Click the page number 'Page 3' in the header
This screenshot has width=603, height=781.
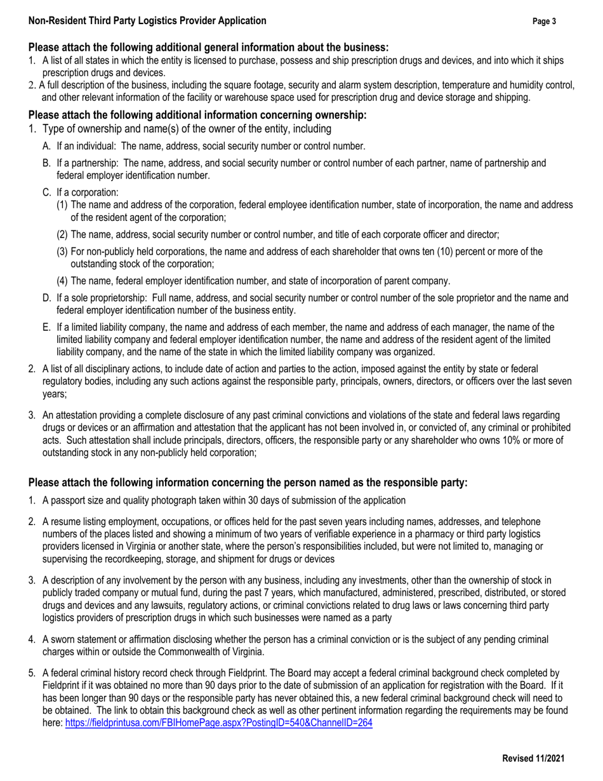(x=544, y=22)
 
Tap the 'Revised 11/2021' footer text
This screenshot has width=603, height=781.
(x=533, y=758)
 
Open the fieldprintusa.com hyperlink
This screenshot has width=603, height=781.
(x=218, y=723)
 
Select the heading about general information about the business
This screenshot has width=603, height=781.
(x=208, y=48)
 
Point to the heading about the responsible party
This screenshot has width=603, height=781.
(x=248, y=483)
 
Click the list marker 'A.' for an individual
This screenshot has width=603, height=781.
(x=47, y=146)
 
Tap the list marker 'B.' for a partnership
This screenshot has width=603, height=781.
(x=47, y=163)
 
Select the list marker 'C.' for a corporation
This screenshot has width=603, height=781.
(x=47, y=192)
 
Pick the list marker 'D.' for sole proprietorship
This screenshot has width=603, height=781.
(x=47, y=298)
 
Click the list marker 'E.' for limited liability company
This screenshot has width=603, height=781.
(x=47, y=328)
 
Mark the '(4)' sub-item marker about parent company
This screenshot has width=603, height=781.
(x=63, y=281)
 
